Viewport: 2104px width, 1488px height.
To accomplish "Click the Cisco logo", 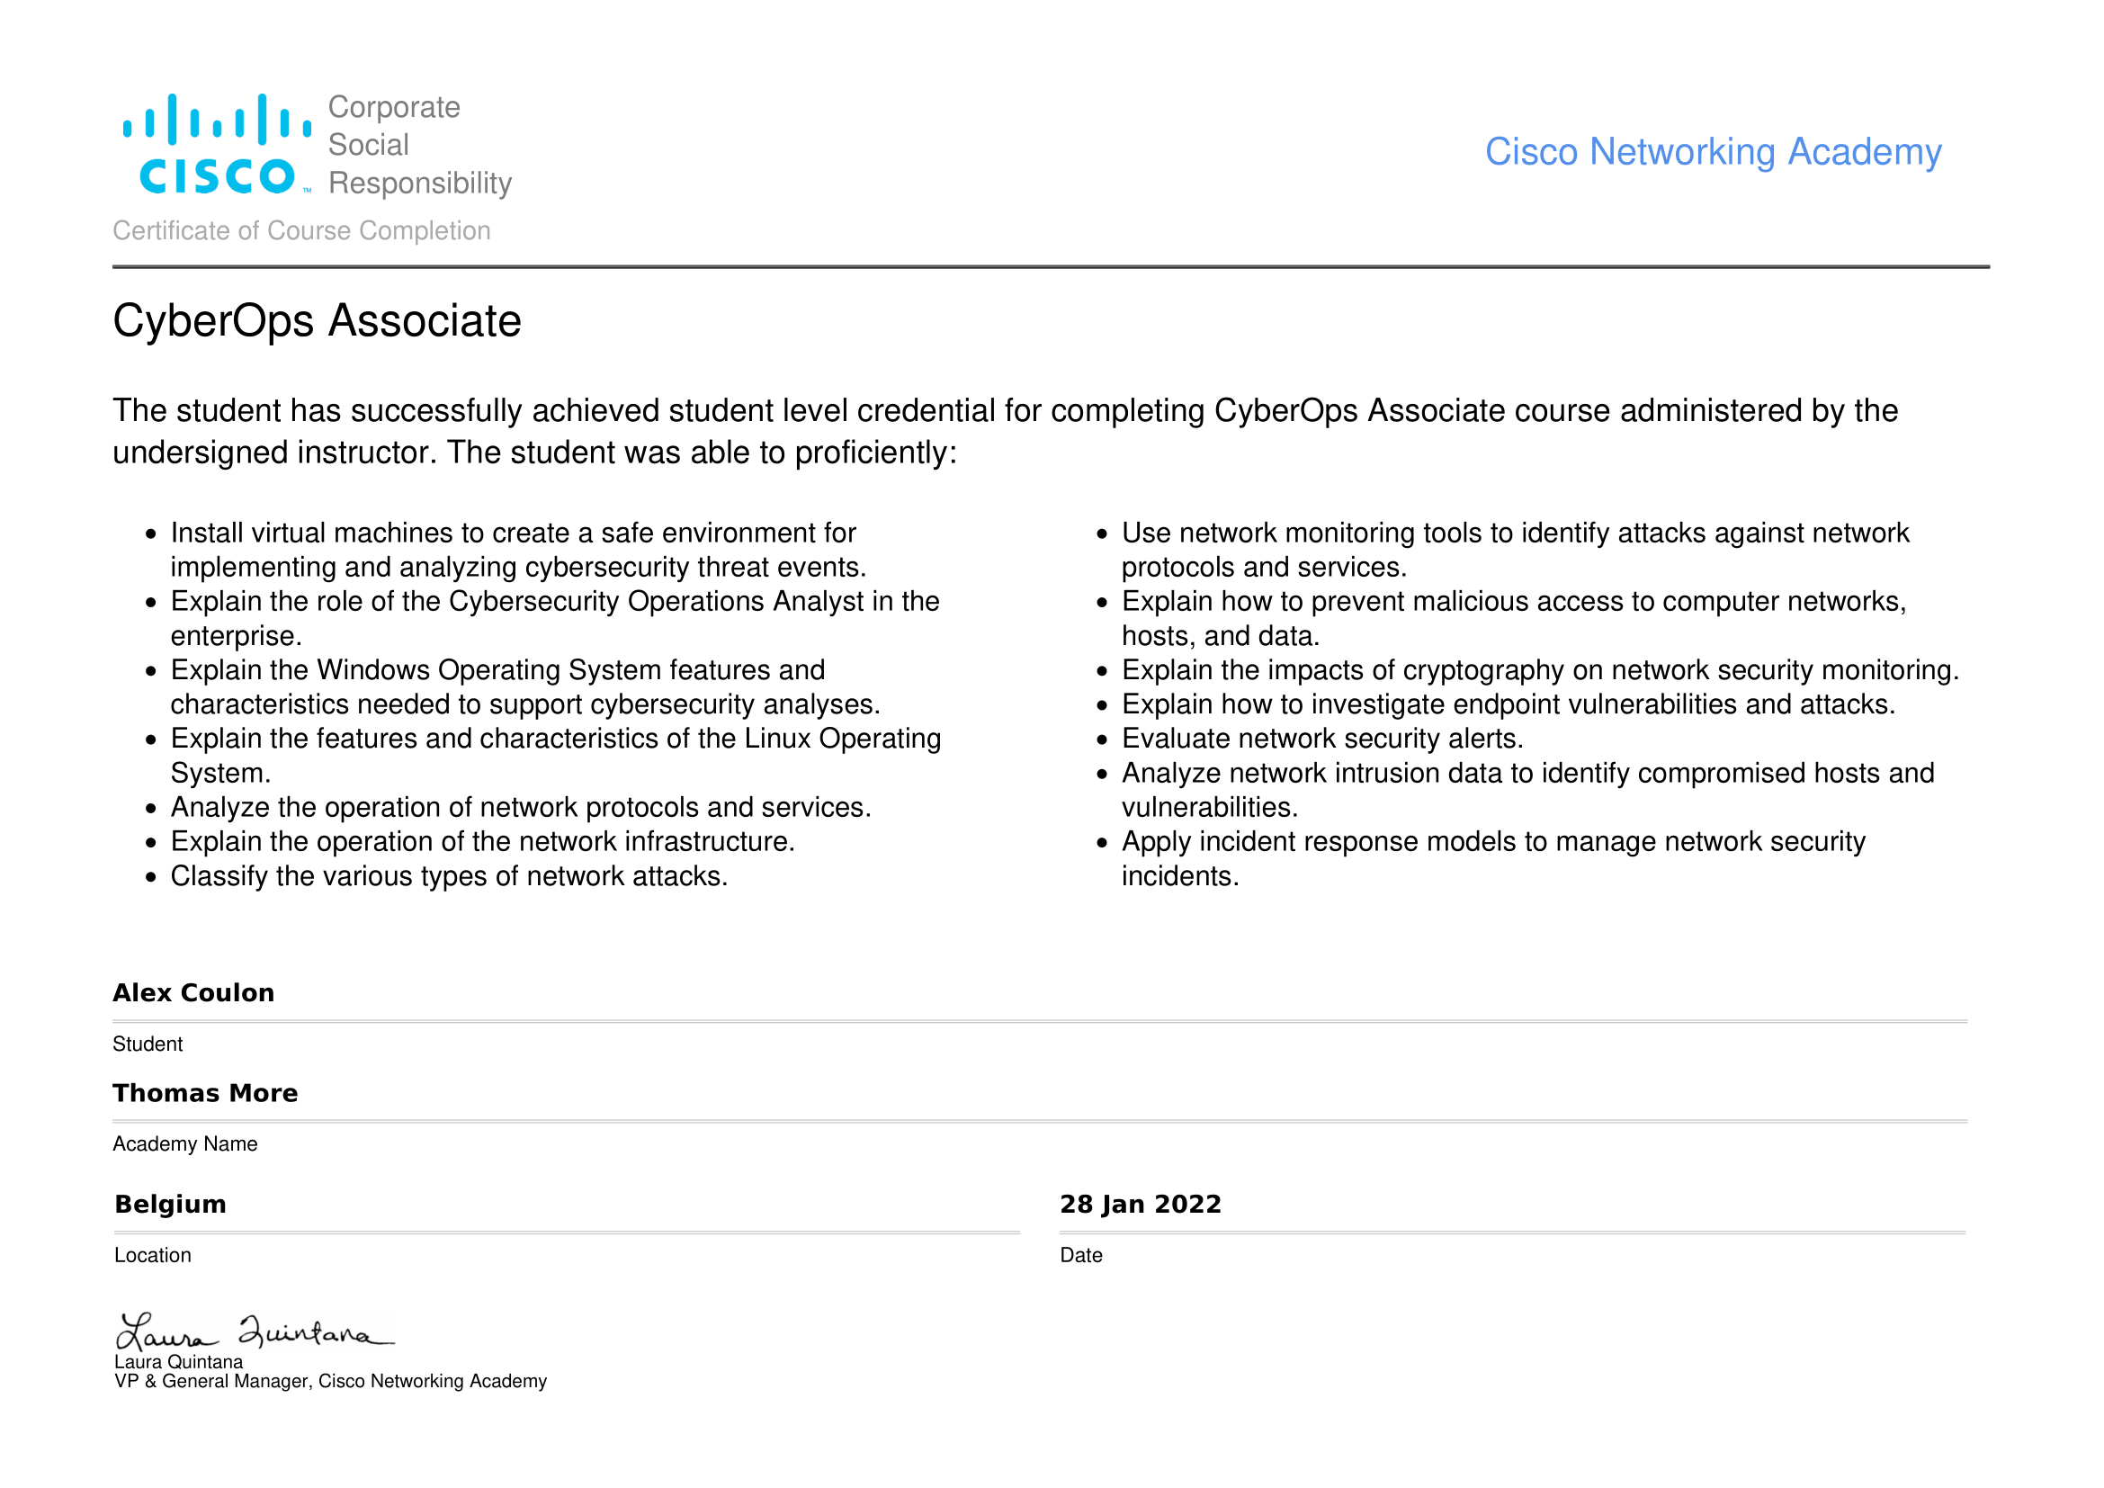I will (217, 145).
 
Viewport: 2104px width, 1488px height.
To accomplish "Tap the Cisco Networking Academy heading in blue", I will (1712, 152).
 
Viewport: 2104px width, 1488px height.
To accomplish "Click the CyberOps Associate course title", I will (316, 321).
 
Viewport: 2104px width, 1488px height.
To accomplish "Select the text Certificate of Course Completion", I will (301, 231).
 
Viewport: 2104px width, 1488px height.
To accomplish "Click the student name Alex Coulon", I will (193, 993).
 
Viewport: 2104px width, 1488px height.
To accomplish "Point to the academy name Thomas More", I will (205, 1093).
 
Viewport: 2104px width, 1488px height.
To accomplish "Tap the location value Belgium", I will (170, 1204).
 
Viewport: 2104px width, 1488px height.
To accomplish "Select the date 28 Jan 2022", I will (1140, 1204).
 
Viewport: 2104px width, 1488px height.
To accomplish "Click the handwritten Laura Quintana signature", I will (254, 1332).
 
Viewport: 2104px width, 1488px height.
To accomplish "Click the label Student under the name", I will (148, 1044).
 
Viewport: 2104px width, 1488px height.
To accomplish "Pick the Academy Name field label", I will (185, 1144).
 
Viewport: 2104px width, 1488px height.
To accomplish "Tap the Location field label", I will (153, 1255).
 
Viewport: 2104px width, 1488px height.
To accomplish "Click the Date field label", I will (1080, 1255).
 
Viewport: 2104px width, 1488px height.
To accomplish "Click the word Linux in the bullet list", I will (777, 740).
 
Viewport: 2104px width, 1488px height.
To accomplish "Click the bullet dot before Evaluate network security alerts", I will (1103, 740).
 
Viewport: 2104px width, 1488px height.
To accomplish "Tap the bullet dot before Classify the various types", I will (151, 878).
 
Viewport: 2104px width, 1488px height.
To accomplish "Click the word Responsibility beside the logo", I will (420, 184).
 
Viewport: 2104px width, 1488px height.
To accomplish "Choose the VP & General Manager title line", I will (330, 1382).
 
